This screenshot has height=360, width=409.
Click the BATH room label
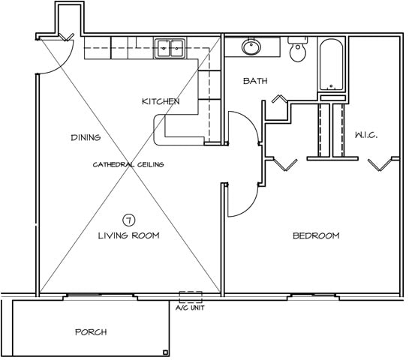tap(255, 81)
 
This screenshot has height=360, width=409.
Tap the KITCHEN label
tap(161, 101)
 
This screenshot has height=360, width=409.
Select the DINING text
tap(86, 137)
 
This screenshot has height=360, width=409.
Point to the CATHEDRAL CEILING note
tap(128, 164)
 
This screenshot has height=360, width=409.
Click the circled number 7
tap(128, 220)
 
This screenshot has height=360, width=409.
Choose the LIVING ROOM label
tap(128, 235)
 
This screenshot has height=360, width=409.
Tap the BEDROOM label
tap(316, 236)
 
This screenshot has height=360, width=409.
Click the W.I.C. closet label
tap(366, 135)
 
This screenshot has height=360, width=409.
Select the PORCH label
tap(91, 332)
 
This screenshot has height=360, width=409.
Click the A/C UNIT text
tap(190, 307)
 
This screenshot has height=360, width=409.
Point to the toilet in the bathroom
tap(298, 49)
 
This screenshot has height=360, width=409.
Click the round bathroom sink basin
tap(251, 47)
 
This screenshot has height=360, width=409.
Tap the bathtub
tap(331, 64)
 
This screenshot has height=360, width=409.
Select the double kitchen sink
tap(170, 49)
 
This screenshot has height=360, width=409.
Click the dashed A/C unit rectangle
tap(191, 297)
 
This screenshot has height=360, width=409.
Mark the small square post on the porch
tap(165, 352)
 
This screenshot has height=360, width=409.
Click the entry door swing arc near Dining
tap(63, 65)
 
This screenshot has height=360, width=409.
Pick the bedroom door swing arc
tap(248, 208)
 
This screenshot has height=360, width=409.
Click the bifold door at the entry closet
tap(66, 37)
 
